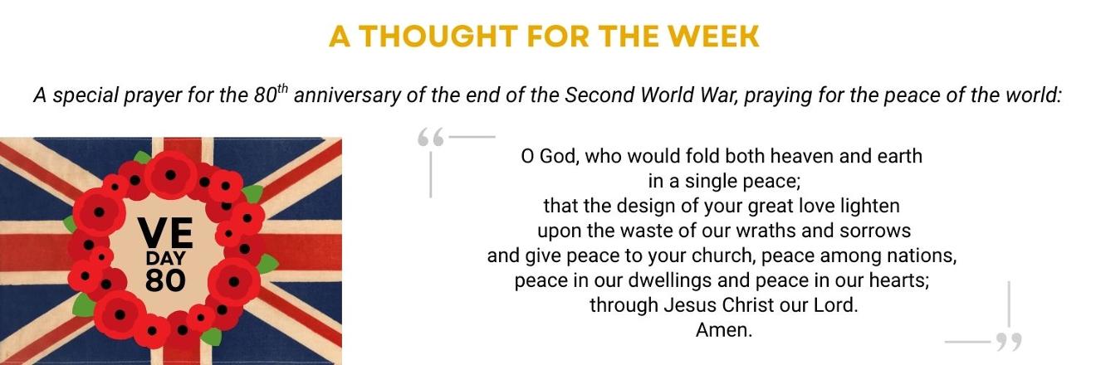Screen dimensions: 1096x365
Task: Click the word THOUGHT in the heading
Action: [x=438, y=36]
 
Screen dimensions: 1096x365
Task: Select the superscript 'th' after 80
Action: [x=284, y=89]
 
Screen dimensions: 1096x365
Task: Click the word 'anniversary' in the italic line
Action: [x=347, y=95]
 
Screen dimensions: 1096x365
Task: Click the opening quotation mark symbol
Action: [x=431, y=138]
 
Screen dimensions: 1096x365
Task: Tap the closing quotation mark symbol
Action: [x=1009, y=342]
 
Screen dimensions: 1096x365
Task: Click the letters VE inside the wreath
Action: [x=165, y=233]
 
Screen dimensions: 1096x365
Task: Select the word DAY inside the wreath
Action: [x=165, y=258]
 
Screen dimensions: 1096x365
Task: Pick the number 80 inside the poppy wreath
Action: [x=165, y=280]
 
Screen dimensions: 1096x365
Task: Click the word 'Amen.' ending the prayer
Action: [x=724, y=330]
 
